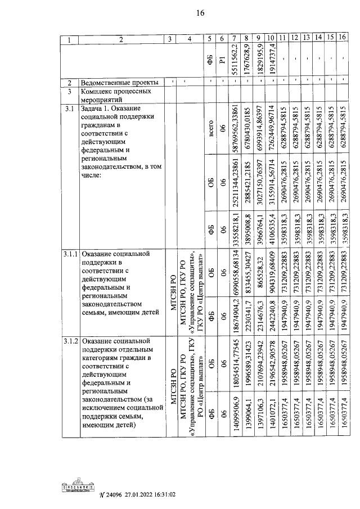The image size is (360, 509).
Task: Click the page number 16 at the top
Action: pos(183,13)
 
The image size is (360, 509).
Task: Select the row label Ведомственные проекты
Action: pos(119,82)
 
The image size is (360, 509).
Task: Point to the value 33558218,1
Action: pos(235,231)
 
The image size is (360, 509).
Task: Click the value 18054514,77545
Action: pos(235,360)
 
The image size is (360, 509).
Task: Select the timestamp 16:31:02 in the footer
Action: pos(163,495)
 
